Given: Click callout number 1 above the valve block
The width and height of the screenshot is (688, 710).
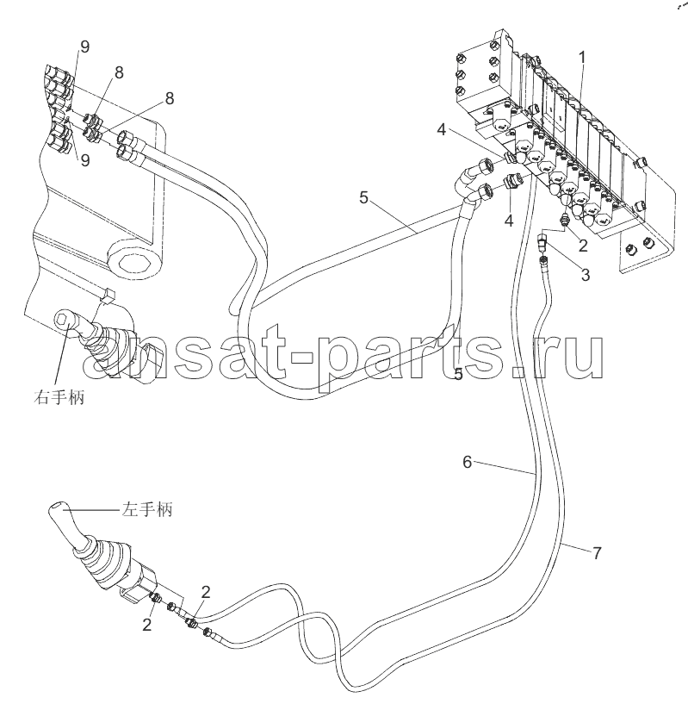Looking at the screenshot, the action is pyautogui.click(x=582, y=58).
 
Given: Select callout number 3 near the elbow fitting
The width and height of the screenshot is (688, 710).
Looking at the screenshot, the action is pyautogui.click(x=586, y=275).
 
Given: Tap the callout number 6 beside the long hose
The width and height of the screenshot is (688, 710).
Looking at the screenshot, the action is pyautogui.click(x=467, y=462).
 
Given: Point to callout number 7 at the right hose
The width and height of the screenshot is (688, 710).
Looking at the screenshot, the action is pyautogui.click(x=597, y=553).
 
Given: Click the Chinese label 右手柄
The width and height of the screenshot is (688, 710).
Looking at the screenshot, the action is pyautogui.click(x=59, y=397).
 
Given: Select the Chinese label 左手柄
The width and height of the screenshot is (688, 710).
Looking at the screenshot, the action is pyautogui.click(x=146, y=510).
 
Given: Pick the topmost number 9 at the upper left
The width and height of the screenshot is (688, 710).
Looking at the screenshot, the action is pyautogui.click(x=84, y=47).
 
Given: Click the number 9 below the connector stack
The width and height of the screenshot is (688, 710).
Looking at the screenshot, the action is pyautogui.click(x=85, y=160).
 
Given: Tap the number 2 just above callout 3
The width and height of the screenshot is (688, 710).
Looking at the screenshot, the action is pyautogui.click(x=583, y=246).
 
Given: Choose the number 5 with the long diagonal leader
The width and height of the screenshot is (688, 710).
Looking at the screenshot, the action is pyautogui.click(x=364, y=197).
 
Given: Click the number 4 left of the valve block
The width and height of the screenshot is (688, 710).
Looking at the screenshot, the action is pyautogui.click(x=442, y=130).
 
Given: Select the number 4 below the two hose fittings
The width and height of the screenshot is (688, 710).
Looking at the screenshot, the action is pyautogui.click(x=509, y=221).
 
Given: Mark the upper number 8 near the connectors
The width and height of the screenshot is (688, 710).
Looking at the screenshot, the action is pyautogui.click(x=119, y=72).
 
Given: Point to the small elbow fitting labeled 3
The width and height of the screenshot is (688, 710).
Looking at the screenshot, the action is pyautogui.click(x=542, y=242).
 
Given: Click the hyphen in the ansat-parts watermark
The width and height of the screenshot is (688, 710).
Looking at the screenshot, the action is pyautogui.click(x=301, y=358).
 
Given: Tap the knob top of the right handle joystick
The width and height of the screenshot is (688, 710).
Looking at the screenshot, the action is pyautogui.click(x=64, y=320).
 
